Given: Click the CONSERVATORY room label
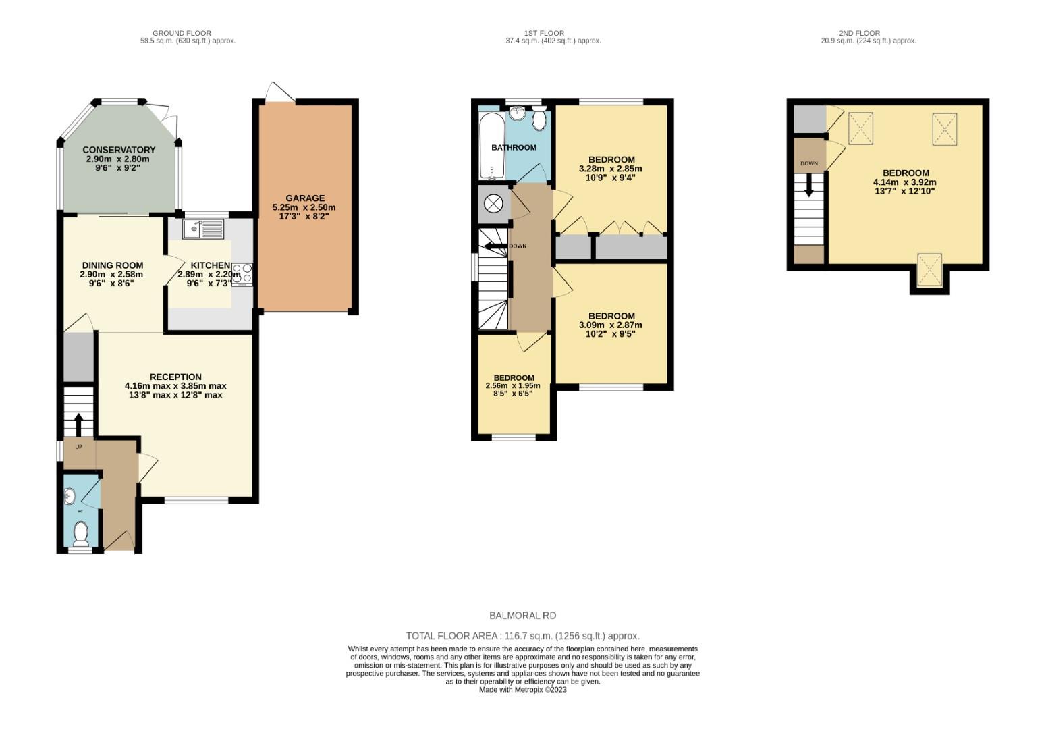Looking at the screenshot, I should coord(119,150).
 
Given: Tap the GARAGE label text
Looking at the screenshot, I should coord(304,198).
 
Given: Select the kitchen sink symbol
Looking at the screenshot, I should coord(202,229).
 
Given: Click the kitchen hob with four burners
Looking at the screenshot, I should coord(242,273).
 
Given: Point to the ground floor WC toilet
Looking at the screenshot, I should coord(81,533).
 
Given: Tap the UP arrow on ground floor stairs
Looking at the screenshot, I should coord(78,425).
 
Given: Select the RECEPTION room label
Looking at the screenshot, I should coord(175,377).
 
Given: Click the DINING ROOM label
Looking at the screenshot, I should coord(112,265).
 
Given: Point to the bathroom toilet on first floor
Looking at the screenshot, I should coord(539,119).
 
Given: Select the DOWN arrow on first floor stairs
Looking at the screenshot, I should coord(495,246).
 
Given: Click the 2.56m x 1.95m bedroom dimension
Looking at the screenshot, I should coord(513,386).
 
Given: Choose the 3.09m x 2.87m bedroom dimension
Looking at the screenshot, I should coord(611,325).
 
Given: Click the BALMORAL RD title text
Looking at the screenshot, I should coord(522,616).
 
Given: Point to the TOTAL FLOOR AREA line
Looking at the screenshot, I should coord(522,636).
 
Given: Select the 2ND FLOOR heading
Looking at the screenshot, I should coord(859,33).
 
